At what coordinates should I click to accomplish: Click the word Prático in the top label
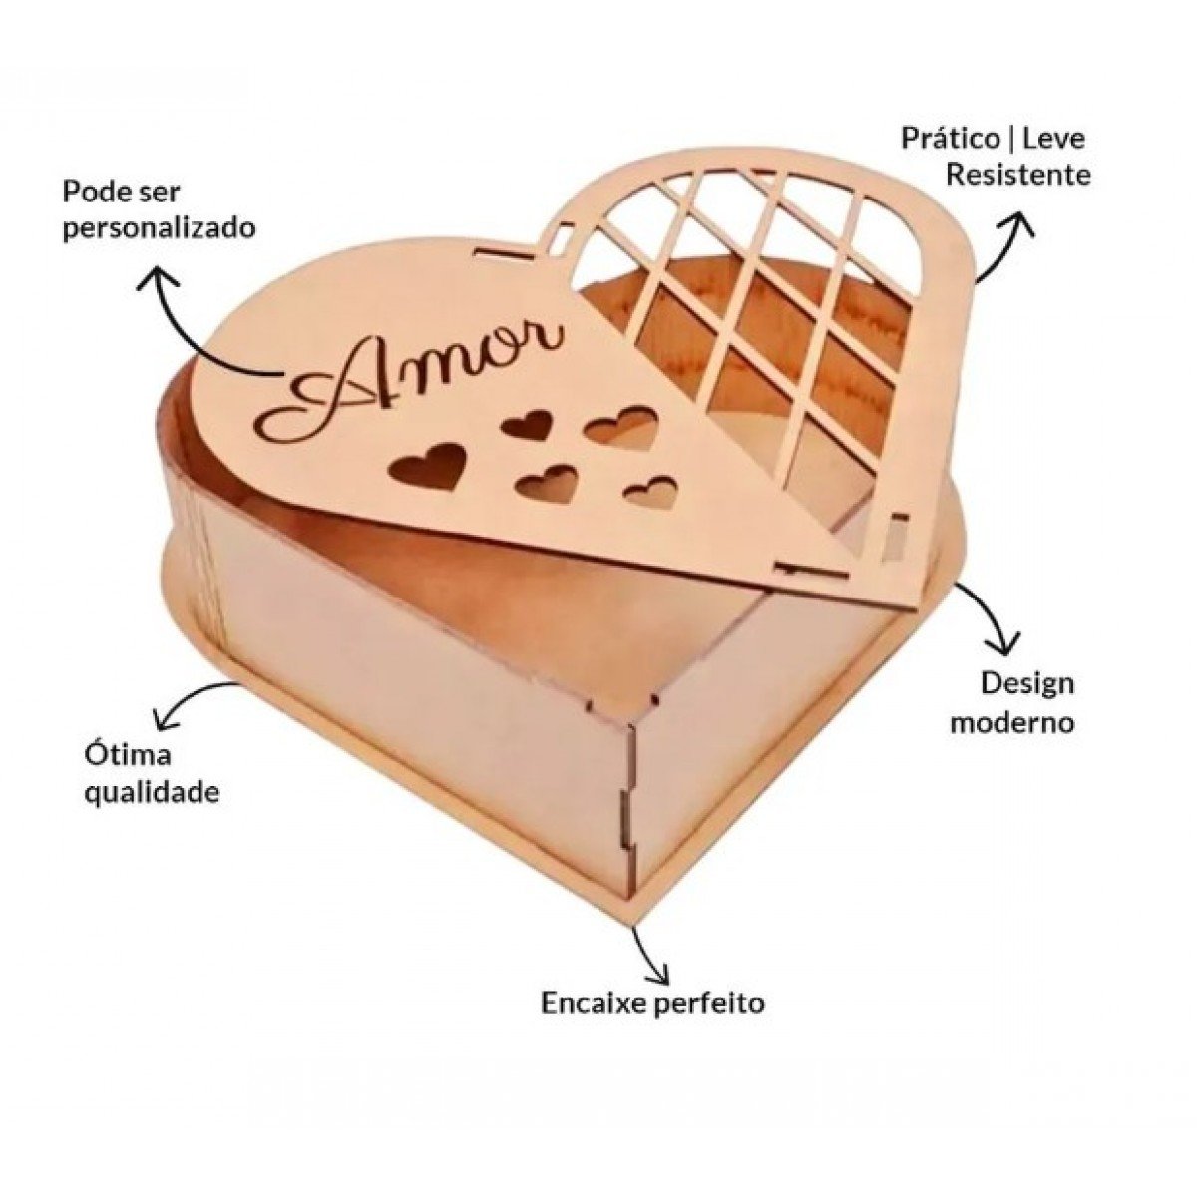951,139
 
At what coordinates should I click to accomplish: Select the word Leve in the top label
1054,139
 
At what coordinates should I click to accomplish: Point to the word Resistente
1018,175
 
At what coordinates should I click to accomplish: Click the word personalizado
160,229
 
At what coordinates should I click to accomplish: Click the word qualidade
153,793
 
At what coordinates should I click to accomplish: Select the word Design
1026,685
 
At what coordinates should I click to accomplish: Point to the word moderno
1012,723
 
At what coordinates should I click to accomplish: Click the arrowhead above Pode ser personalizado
159,277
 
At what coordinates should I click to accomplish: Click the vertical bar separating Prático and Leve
1011,139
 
